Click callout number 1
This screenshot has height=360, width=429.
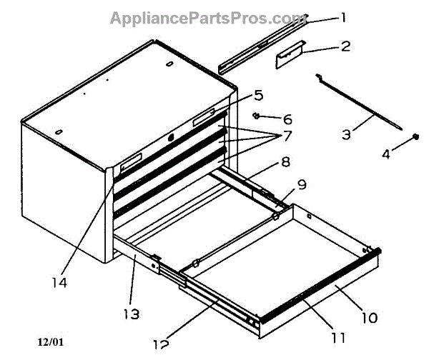(344, 16)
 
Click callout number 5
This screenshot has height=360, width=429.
(258, 94)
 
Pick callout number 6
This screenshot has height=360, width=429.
(287, 119)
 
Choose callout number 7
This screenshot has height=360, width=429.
(287, 134)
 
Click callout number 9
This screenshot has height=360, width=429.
(301, 184)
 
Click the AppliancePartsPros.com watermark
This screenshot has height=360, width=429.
(207, 18)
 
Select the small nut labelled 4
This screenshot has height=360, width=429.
(415, 137)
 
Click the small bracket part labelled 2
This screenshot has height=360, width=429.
(290, 56)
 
